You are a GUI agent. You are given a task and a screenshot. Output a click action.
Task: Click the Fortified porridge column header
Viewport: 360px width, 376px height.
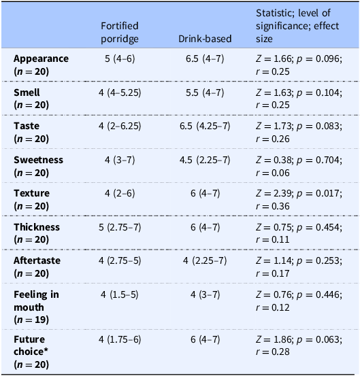pyautogui.click(x=120, y=32)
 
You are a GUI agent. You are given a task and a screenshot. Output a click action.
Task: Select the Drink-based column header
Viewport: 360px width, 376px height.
pyautogui.click(x=205, y=39)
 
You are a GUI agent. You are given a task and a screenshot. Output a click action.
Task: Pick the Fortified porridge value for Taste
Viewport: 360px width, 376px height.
pyautogui.click(x=120, y=126)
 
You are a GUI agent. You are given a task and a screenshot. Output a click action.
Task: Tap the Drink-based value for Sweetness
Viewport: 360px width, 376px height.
pyautogui.click(x=205, y=160)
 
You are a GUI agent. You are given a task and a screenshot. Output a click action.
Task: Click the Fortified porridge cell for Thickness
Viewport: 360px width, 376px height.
pyautogui.click(x=120, y=227)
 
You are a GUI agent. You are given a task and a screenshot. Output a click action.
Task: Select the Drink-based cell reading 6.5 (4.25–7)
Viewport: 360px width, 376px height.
pyautogui.click(x=205, y=126)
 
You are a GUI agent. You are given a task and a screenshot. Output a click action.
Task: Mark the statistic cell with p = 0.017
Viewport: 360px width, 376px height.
pyautogui.click(x=299, y=199)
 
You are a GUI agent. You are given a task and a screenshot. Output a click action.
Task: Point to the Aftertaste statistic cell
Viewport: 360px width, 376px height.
pyautogui.click(x=299, y=267)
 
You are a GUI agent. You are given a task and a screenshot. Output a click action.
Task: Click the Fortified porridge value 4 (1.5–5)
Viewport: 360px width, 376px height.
pyautogui.click(x=120, y=294)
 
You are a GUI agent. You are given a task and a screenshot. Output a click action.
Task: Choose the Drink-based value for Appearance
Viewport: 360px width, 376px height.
pyautogui.click(x=205, y=58)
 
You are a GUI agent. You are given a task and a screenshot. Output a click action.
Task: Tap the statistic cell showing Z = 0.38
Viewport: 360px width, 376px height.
pyautogui.click(x=299, y=166)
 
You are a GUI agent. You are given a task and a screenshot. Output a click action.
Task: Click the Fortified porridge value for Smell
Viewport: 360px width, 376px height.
pyautogui.click(x=120, y=92)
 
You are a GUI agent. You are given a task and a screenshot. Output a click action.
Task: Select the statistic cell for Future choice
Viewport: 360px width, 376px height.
pyautogui.click(x=299, y=345)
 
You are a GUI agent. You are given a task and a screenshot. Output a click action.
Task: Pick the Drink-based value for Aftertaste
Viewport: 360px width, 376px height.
pyautogui.click(x=205, y=260)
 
